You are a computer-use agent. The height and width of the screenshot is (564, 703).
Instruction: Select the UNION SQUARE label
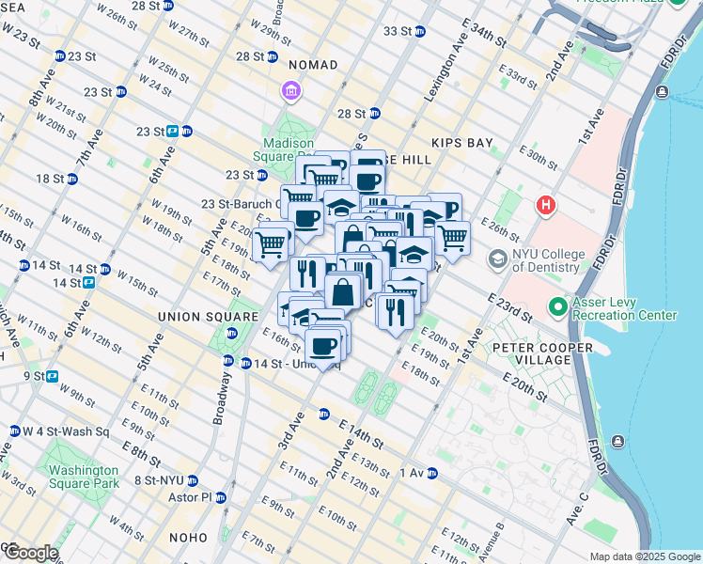coord(207,316)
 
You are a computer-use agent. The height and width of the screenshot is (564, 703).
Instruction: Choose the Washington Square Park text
coord(84,477)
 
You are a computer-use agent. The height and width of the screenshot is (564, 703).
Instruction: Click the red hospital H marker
coord(544,204)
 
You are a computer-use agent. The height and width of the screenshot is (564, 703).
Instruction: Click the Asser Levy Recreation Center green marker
coord(557,306)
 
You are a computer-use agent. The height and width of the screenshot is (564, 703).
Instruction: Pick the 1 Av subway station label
coord(414,473)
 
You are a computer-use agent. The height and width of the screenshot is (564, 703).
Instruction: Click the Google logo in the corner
coord(30,553)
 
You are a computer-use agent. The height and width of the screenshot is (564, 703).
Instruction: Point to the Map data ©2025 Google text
coord(644,556)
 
